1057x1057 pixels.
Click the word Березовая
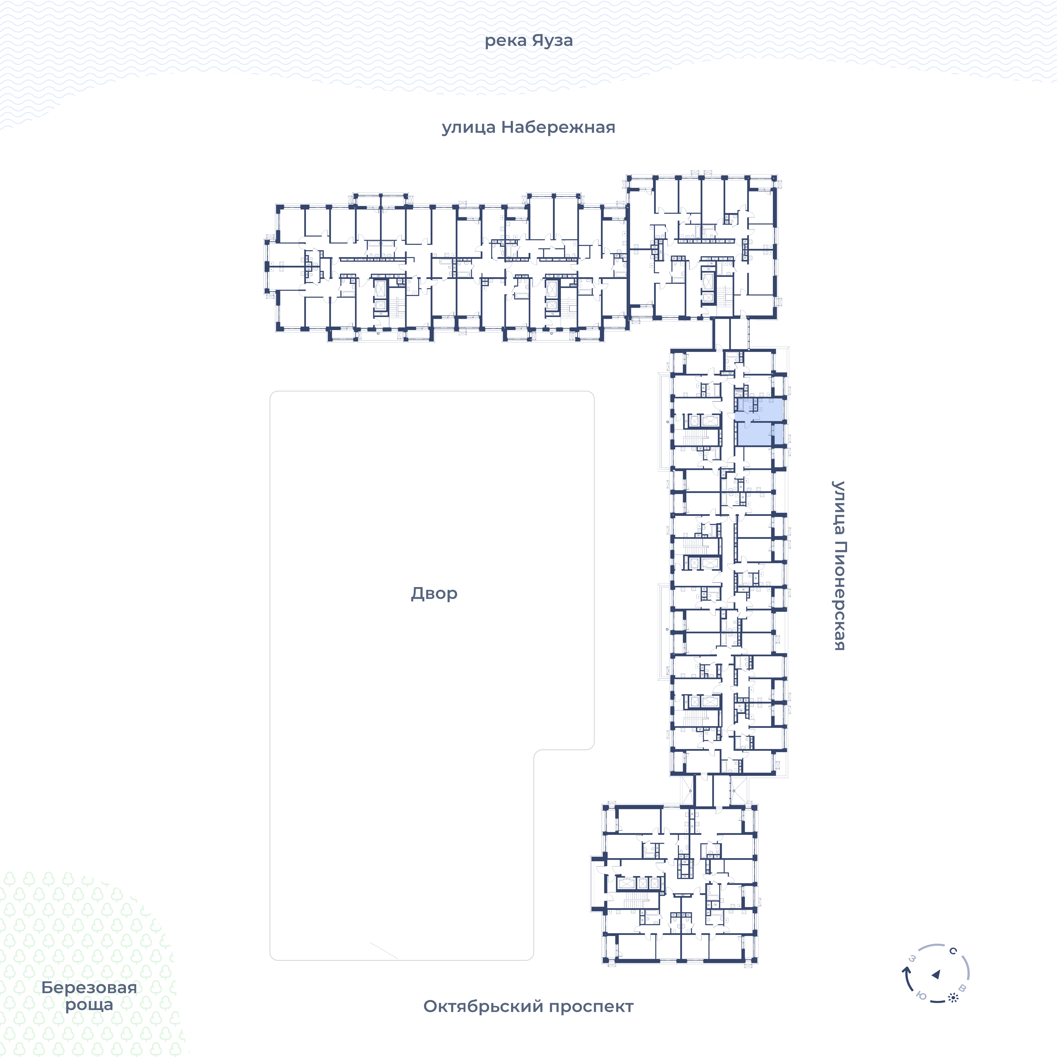89,987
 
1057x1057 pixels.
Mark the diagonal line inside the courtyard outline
384,950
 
